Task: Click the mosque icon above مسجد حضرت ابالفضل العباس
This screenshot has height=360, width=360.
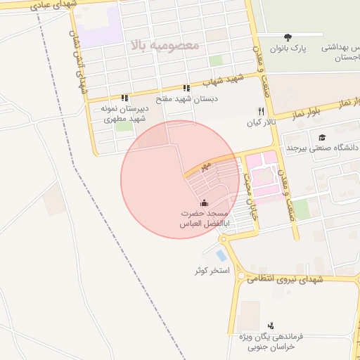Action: coord(204,203)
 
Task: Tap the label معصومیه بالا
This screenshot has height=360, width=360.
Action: coord(165,44)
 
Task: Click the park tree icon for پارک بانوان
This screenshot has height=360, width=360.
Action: coord(288,37)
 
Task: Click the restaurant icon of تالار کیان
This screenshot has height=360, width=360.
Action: coord(262,111)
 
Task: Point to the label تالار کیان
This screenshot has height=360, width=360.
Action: coord(259,122)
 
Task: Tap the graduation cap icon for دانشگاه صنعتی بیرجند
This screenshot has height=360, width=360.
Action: coord(322,138)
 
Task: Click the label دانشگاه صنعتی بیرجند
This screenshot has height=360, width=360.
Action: coord(322,148)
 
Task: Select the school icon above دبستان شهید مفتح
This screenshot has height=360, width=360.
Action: coord(186,89)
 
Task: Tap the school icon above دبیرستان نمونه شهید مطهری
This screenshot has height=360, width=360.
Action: coord(124,98)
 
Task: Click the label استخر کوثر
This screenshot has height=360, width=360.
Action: coord(212,271)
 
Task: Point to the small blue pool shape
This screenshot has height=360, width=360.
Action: coord(221,255)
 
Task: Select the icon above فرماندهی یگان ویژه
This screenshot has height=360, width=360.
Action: coord(271,325)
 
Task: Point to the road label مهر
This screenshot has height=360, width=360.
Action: coord(205,166)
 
